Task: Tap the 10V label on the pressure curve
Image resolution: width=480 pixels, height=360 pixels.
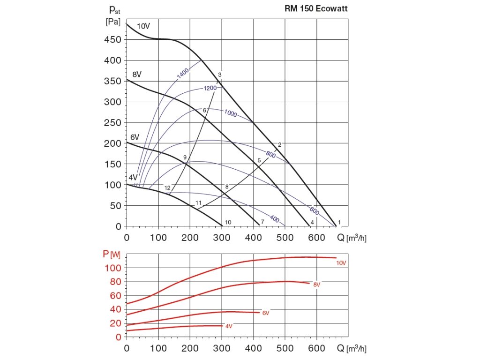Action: point(143,26)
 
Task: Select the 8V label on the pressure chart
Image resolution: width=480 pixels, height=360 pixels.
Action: point(137,75)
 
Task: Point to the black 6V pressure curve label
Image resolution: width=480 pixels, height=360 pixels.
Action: point(135,137)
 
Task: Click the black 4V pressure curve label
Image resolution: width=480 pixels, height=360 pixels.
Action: point(133,178)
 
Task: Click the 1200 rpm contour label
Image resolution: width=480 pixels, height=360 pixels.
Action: point(210,89)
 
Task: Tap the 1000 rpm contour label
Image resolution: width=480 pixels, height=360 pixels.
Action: point(230,113)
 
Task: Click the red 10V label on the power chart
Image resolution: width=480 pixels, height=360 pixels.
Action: point(341,263)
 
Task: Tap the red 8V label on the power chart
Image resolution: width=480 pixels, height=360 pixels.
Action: point(317,285)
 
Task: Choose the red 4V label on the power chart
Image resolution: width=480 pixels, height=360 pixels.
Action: point(229,326)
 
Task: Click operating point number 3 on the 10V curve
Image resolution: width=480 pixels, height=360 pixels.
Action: point(219,75)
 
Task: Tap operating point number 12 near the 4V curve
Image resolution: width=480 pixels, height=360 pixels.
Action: point(167,188)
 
